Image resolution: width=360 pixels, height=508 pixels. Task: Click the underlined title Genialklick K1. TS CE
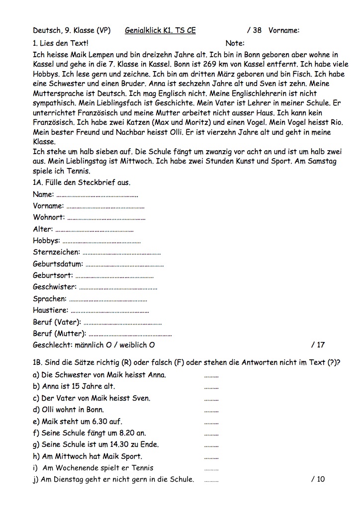coord(160,30)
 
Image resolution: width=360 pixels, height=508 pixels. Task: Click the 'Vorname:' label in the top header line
coord(284,30)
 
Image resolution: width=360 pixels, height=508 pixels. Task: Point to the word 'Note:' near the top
coord(235,43)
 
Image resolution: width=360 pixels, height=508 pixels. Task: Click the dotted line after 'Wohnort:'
coord(106,218)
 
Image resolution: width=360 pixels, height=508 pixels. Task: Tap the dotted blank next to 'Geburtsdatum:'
coord(124,264)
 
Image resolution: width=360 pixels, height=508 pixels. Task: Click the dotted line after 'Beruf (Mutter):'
coord(130,334)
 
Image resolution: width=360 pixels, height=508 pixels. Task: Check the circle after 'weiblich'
coord(152,345)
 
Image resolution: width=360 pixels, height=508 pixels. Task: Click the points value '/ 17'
coord(318,345)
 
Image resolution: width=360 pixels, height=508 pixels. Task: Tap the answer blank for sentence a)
coord(211,376)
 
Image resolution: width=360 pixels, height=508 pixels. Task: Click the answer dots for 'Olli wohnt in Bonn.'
coord(211,411)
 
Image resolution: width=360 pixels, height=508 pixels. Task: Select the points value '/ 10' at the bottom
coord(318,479)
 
